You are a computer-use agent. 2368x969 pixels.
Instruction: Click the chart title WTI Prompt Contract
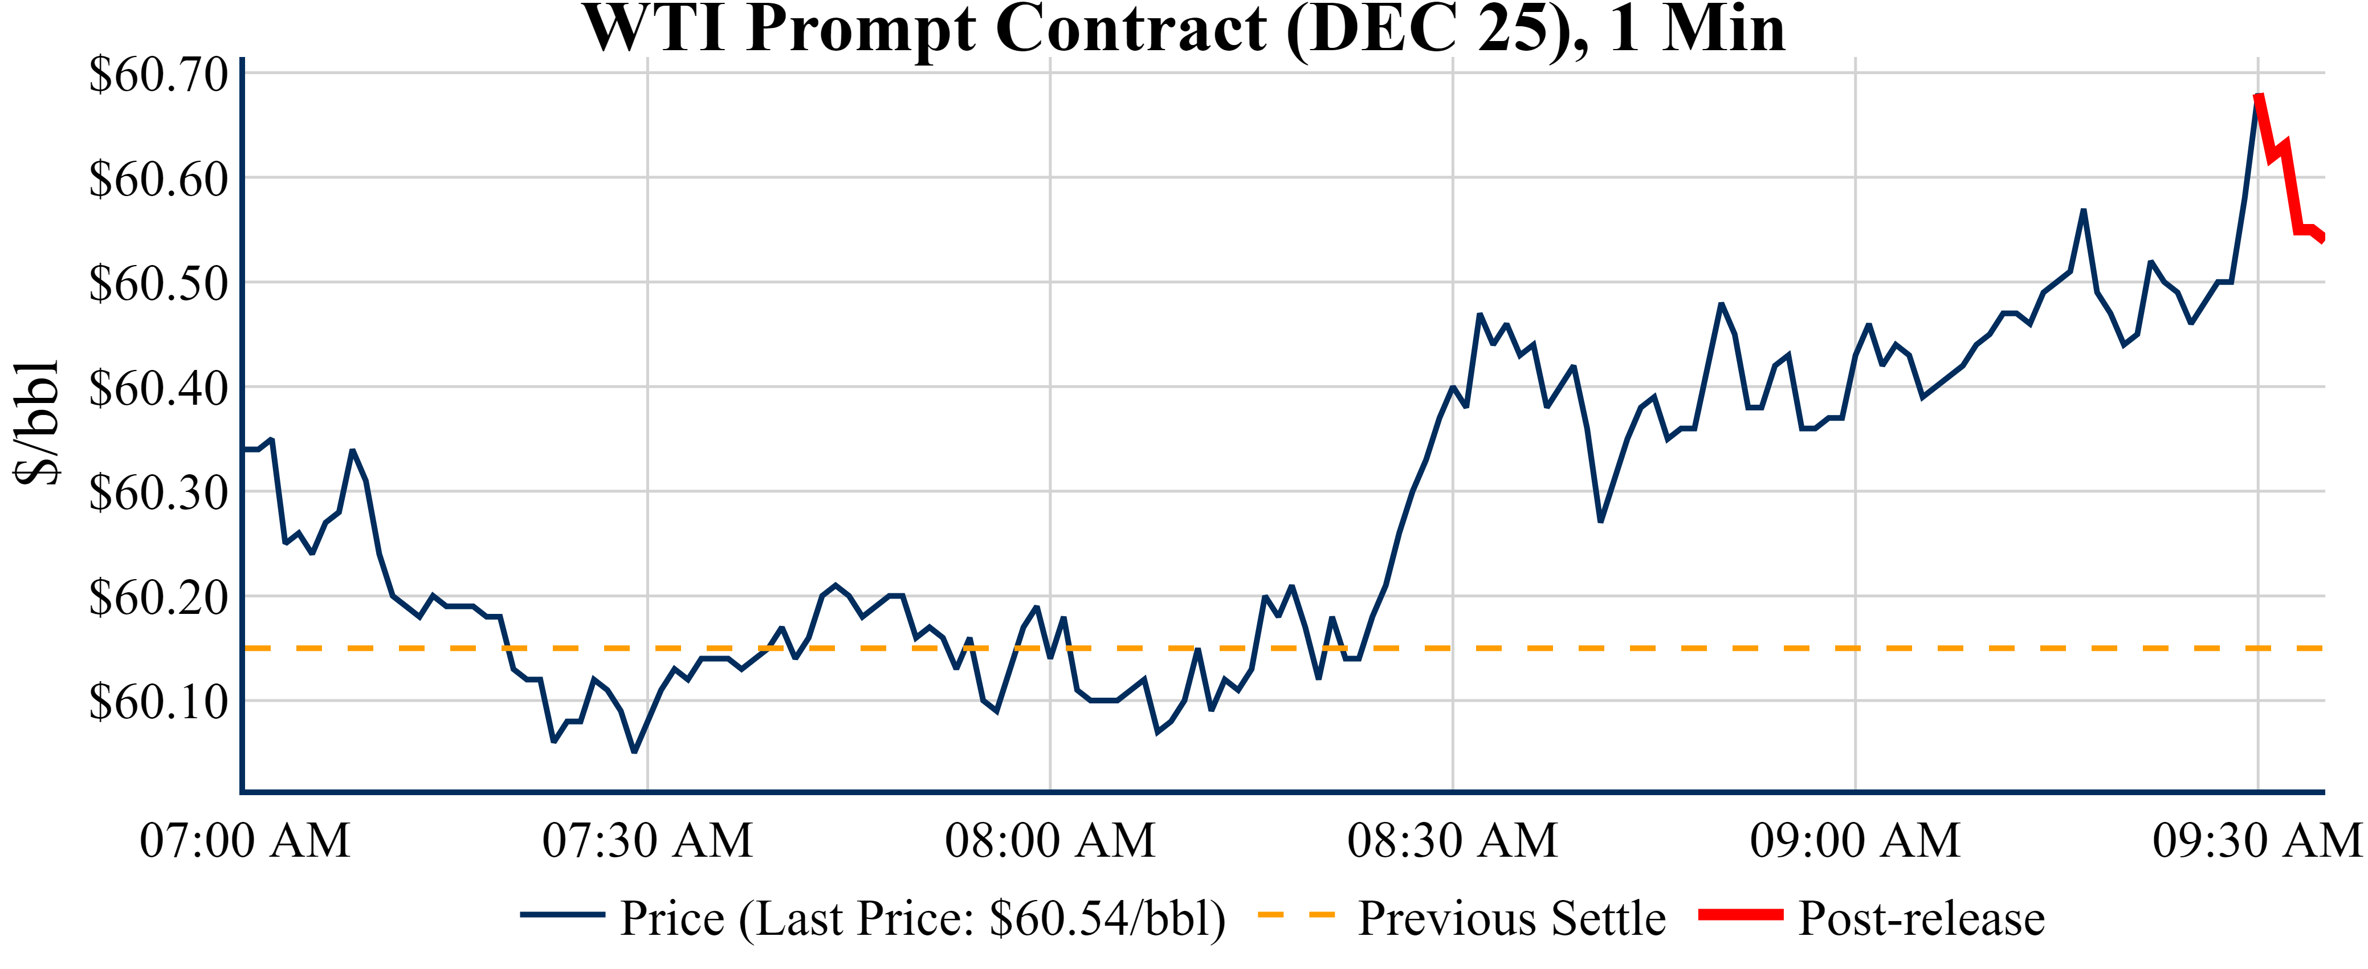tap(1184, 30)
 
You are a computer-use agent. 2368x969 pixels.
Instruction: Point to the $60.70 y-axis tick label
tap(158, 75)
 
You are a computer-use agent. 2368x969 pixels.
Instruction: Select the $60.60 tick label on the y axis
tap(158, 180)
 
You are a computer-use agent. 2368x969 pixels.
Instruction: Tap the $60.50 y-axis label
tap(158, 284)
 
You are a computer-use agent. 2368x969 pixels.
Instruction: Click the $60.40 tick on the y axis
tap(158, 389)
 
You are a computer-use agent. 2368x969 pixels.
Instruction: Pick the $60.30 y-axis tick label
tap(158, 494)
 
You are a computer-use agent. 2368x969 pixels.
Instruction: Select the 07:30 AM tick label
tap(647, 840)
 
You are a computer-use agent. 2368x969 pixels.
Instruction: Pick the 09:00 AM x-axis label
tap(1855, 840)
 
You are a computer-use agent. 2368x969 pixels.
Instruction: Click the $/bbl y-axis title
tap(37, 422)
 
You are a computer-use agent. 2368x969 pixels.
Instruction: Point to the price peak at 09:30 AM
tap(2257, 96)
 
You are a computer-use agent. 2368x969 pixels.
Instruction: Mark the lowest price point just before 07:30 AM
tap(634, 752)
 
